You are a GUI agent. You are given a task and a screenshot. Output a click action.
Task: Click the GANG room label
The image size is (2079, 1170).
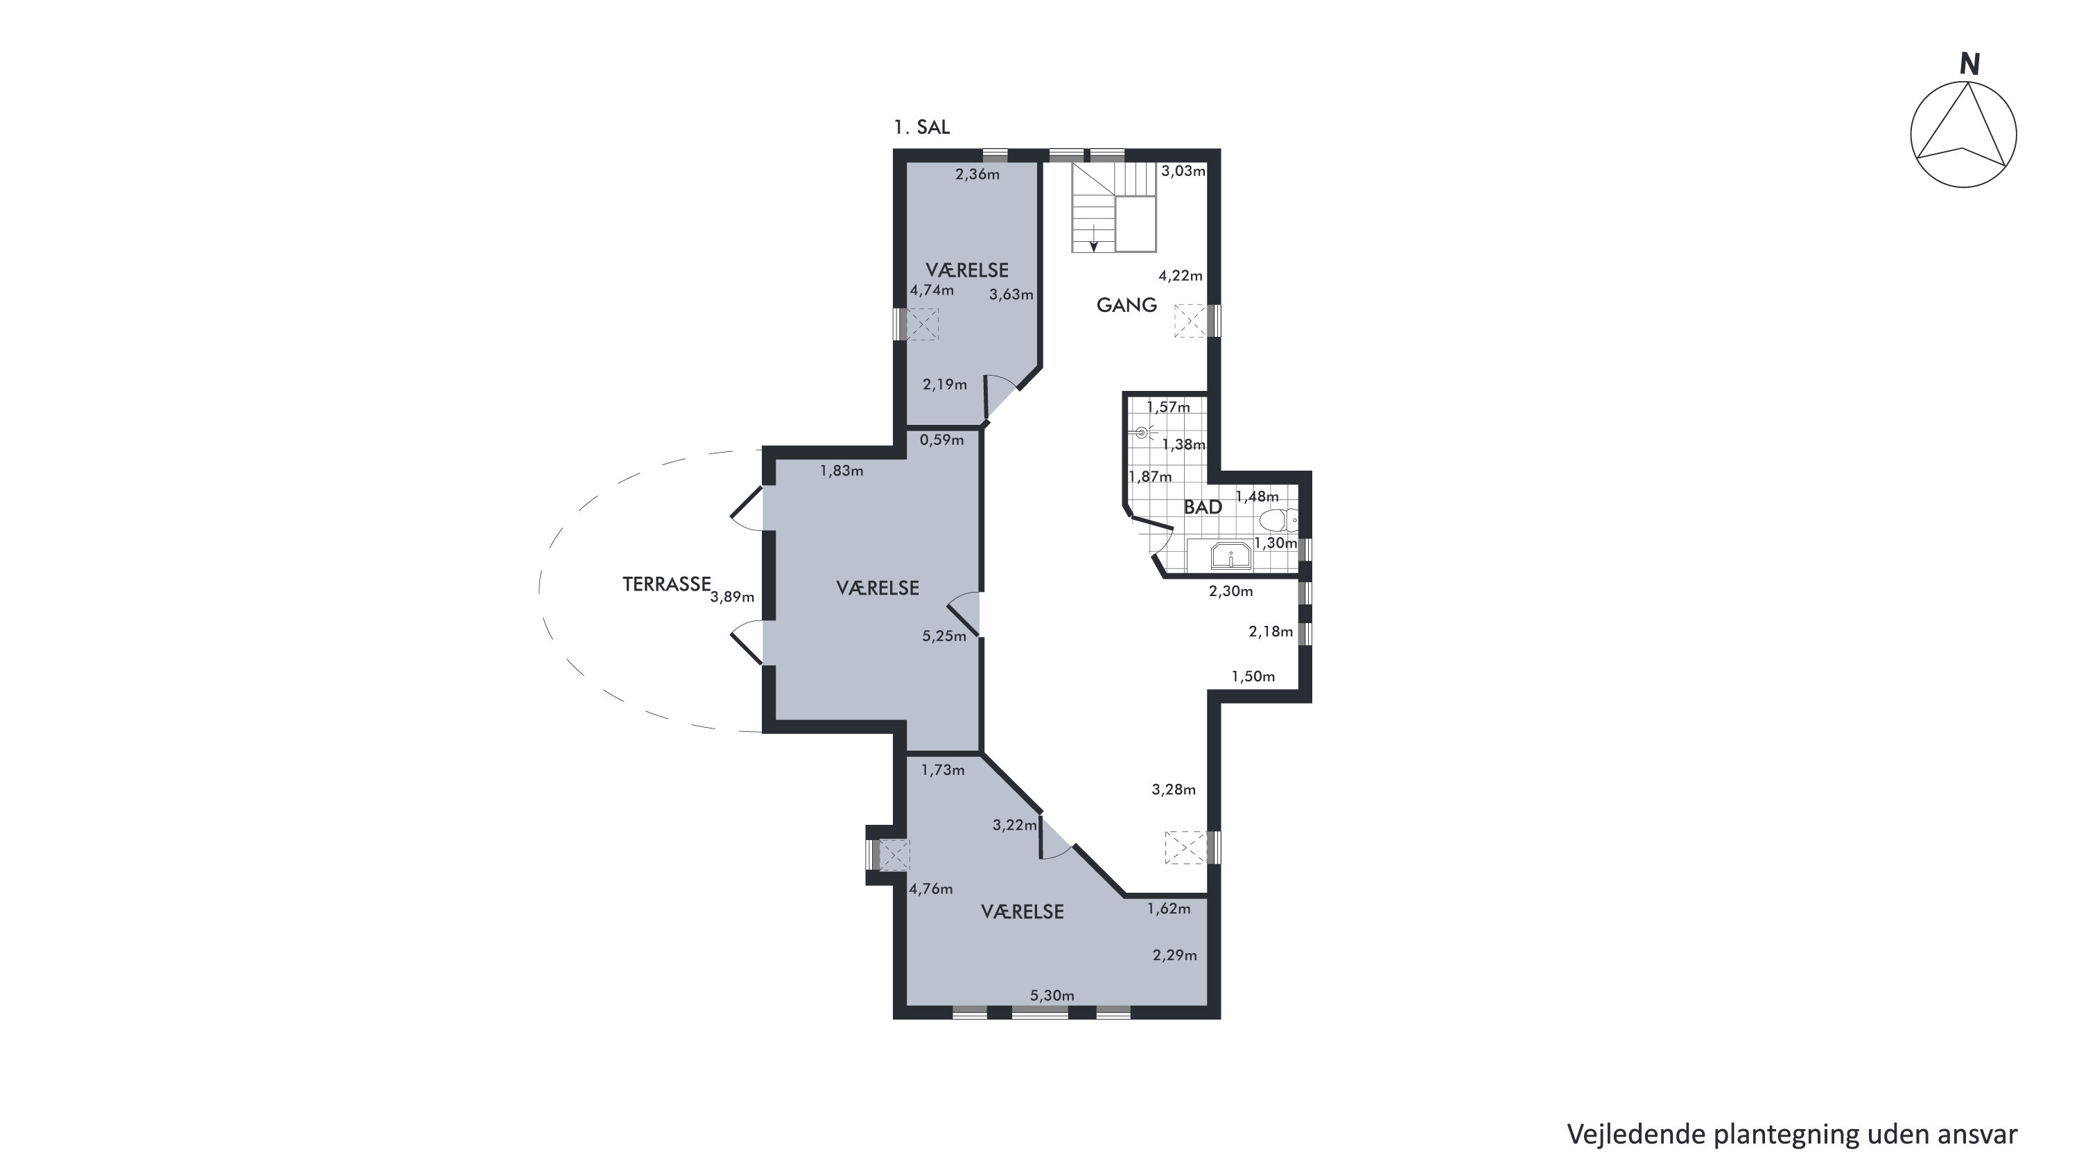point(1127,305)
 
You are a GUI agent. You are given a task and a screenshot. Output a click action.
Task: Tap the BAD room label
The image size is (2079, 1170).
point(1203,507)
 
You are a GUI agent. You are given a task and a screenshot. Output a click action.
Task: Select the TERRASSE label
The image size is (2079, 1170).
point(667,584)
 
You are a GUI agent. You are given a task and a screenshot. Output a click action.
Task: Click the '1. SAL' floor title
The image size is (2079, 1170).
point(922,128)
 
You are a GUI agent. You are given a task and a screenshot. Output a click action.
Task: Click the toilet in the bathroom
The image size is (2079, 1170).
point(1278,520)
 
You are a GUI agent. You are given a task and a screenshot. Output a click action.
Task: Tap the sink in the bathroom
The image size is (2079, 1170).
point(1230,556)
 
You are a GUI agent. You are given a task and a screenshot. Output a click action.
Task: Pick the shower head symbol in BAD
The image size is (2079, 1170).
point(1141,433)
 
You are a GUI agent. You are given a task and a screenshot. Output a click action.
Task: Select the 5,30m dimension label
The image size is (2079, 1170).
point(1052,996)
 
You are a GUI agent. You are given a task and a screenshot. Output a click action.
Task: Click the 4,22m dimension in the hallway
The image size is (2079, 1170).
point(1181,276)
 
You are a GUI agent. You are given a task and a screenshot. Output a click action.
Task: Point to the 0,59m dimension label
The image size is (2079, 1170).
point(942,441)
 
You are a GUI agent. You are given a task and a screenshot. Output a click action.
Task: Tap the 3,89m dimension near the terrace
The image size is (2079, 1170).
point(732,597)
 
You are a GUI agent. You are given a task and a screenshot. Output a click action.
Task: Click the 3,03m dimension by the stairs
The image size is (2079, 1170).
point(1183,171)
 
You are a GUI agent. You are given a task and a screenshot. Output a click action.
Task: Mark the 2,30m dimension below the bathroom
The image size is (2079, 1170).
point(1230,591)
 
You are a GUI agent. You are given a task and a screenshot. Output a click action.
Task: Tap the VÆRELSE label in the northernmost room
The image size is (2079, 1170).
point(967,270)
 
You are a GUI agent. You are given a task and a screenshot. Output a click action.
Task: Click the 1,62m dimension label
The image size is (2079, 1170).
point(1169,909)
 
